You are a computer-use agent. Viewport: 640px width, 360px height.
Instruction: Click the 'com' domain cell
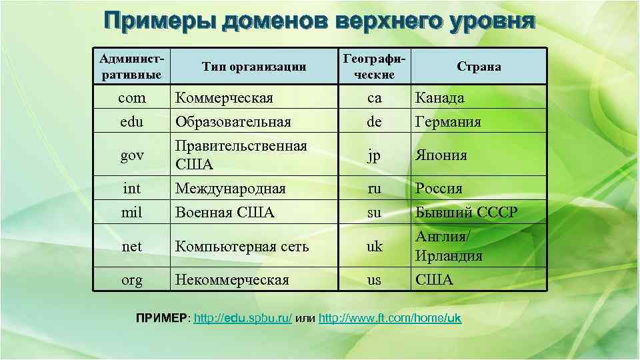(131, 98)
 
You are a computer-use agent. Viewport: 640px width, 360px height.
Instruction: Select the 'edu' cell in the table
(131, 122)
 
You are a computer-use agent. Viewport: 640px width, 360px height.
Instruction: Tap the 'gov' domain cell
(131, 155)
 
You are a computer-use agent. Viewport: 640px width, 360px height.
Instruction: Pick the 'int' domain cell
(131, 189)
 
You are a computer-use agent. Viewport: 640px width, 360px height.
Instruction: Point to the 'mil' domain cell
(131, 213)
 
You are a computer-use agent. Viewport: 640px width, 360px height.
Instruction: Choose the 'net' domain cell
(131, 247)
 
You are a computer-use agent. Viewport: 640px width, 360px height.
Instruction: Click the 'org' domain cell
(131, 280)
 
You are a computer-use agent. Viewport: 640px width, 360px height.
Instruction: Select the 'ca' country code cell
(375, 98)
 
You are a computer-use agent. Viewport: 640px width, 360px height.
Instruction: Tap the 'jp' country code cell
(375, 155)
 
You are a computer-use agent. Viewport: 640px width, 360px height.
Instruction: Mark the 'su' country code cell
(375, 213)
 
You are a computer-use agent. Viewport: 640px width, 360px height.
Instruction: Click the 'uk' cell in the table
(375, 247)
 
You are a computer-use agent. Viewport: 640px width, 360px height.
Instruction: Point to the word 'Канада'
(439, 98)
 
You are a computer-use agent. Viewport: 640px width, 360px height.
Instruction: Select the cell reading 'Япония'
(441, 155)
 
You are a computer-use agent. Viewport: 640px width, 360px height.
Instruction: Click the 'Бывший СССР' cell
(466, 213)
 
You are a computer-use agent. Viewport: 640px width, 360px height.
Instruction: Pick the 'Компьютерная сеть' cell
(241, 247)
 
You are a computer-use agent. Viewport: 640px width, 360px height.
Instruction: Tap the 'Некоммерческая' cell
(231, 280)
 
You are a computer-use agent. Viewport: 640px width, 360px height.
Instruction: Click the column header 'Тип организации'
(254, 66)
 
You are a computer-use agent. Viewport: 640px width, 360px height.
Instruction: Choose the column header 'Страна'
(479, 66)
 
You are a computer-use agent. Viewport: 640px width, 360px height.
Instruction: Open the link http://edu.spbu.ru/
(243, 319)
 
